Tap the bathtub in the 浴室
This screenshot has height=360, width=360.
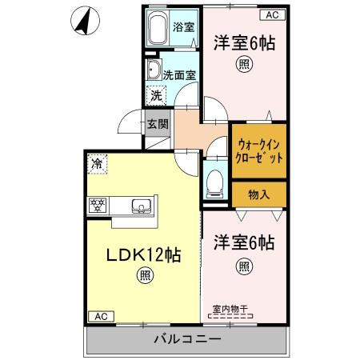(157, 30)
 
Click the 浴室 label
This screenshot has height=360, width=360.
(183, 27)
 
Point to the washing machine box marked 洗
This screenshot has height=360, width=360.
(158, 95)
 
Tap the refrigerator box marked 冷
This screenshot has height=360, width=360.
(97, 164)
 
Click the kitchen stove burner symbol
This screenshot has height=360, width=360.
(97, 204)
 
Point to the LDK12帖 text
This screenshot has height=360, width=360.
(144, 255)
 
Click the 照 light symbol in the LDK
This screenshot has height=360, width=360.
(144, 278)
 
